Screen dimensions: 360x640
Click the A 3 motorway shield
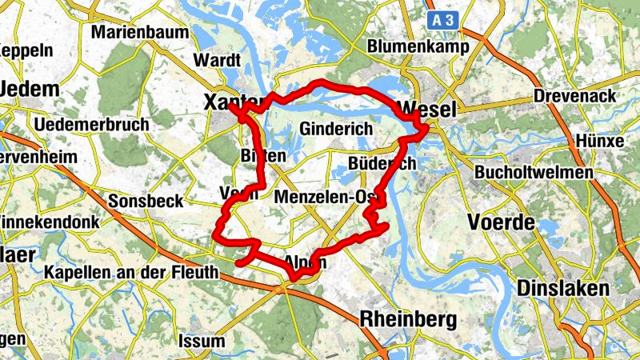click(x=446, y=21)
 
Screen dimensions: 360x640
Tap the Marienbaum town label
click(x=141, y=33)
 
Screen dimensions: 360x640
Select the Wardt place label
click(x=217, y=60)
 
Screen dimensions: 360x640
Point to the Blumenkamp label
click(x=410, y=47)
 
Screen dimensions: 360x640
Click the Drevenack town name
click(x=574, y=96)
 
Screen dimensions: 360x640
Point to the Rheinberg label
click(x=409, y=320)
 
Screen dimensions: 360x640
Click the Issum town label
click(x=203, y=341)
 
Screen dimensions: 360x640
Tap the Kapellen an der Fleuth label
click(x=131, y=273)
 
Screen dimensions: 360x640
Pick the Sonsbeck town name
click(x=146, y=202)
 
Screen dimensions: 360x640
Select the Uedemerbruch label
click(x=92, y=125)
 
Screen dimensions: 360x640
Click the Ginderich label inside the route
click(x=337, y=128)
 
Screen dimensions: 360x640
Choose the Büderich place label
click(x=382, y=163)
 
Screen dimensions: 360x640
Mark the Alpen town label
click(x=305, y=262)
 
